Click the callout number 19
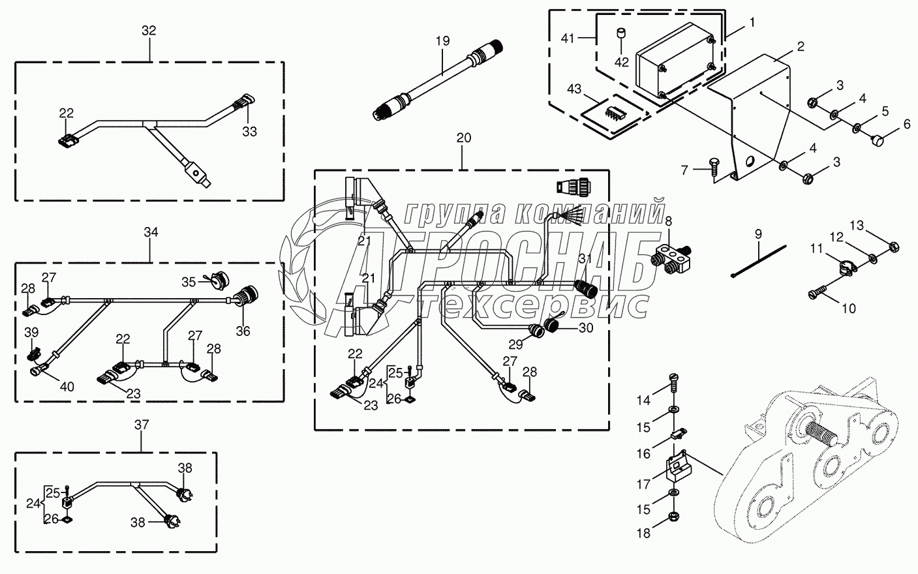coord(443,40)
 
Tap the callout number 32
coord(149,31)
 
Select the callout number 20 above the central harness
coord(463,138)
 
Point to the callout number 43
coord(574,87)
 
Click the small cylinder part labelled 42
coord(622,33)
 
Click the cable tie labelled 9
coord(759,259)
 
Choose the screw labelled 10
coord(815,294)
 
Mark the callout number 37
coord(142,425)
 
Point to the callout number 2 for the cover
coord(801,46)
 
